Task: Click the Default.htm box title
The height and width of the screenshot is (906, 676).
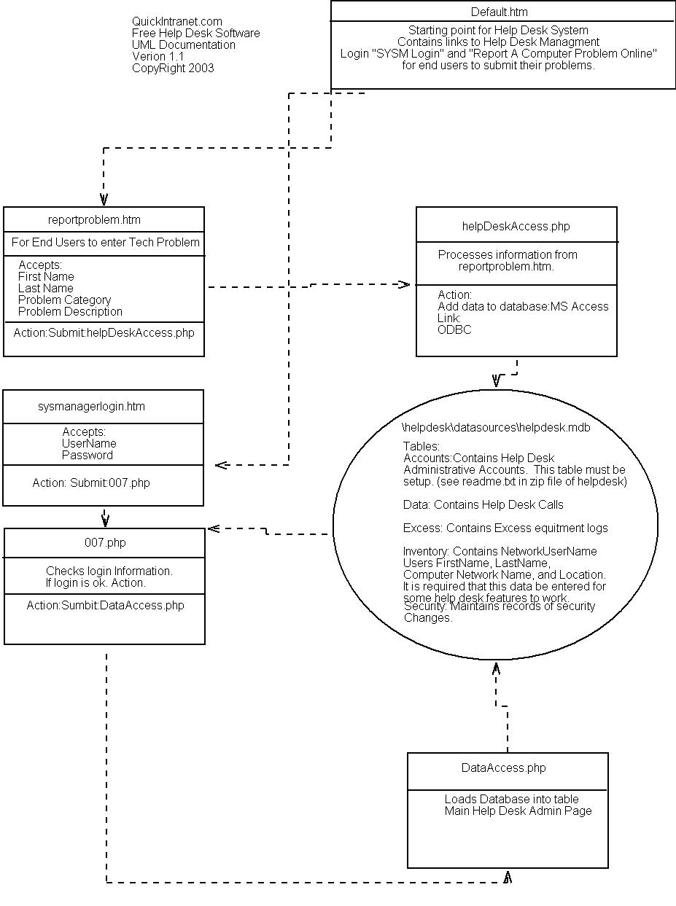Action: pos(499,12)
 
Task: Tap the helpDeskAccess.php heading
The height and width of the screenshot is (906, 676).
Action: pos(516,227)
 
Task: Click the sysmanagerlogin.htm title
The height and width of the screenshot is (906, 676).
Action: pos(91,407)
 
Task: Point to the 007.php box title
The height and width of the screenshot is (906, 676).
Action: pos(105,543)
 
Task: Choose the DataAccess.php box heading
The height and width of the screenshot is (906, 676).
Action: pos(503,768)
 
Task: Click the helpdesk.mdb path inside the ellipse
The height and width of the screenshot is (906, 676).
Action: pos(496,428)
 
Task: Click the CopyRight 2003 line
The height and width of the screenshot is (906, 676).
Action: pos(173,69)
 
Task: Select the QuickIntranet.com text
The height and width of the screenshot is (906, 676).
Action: pos(177,22)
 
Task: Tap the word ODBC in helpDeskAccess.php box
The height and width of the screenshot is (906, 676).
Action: pos(454,330)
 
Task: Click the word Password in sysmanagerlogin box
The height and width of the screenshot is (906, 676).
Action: pos(88,456)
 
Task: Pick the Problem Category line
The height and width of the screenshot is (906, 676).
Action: pos(65,300)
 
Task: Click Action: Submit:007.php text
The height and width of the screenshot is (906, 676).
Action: pos(91,483)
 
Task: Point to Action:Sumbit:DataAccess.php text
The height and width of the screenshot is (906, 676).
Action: pos(105,606)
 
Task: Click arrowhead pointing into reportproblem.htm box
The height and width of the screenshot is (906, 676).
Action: pos(104,199)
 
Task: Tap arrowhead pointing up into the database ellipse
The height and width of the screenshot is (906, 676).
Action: pos(496,668)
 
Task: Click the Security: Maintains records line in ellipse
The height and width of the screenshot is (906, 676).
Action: pos(499,606)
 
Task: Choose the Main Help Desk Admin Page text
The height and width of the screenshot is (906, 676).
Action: pos(518,811)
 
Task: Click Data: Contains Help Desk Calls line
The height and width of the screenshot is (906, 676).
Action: pos(483,505)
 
